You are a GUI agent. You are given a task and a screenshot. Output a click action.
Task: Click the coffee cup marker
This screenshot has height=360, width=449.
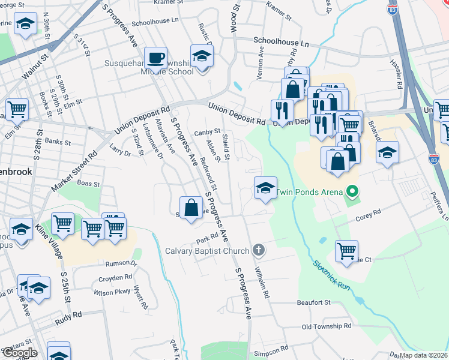pos(156,58)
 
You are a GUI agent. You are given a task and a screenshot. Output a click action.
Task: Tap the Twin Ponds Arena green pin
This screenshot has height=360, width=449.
pos(353,192)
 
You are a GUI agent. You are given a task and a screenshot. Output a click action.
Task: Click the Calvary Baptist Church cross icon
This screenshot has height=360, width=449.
pos(259,249)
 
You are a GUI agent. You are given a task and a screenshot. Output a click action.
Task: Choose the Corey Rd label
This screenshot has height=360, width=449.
pos(369,214)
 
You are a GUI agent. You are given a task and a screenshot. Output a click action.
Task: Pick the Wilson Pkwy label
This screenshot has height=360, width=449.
pos(113,293)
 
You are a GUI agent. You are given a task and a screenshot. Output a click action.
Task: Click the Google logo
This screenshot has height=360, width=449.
pos(20,353)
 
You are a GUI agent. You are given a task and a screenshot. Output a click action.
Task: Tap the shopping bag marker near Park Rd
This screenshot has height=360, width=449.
pos(190,208)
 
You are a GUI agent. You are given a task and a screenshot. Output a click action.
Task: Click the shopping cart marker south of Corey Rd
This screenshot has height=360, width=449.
pos(346,251)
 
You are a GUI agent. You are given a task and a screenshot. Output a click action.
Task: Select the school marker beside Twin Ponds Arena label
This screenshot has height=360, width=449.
pos(265,188)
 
